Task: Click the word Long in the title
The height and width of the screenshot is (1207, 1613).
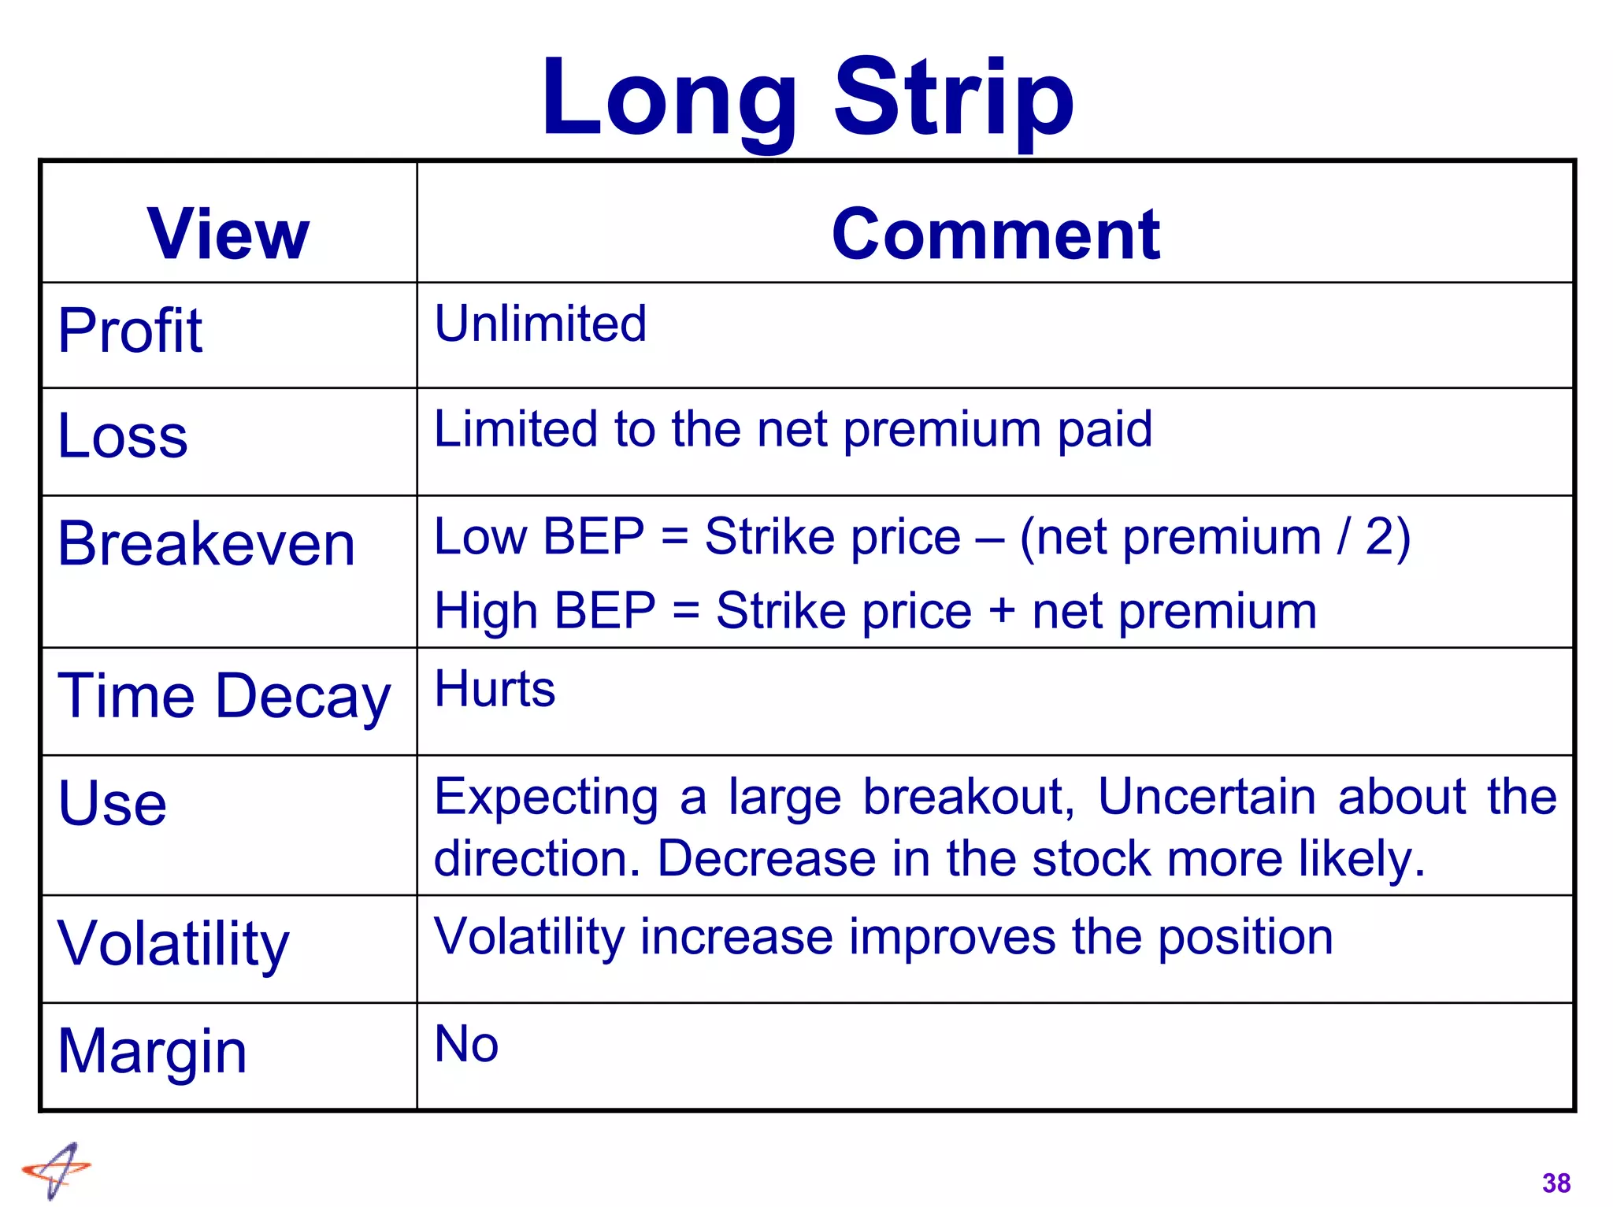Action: point(669,98)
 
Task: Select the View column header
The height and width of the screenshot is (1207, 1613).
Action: point(228,234)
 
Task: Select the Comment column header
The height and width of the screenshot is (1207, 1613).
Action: point(996,234)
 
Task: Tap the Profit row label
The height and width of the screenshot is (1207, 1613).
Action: point(131,331)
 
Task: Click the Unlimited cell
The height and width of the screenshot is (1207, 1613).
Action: point(540,324)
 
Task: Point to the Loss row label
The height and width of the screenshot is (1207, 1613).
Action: point(123,436)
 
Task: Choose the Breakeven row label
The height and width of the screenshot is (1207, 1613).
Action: point(206,544)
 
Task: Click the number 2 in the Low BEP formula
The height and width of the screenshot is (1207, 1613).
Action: point(1379,537)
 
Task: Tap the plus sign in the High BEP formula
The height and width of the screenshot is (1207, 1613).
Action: point(1002,610)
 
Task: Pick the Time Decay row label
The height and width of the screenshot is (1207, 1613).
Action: point(224,697)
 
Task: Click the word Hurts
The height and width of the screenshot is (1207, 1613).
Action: point(495,689)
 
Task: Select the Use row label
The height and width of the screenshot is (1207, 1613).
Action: point(113,804)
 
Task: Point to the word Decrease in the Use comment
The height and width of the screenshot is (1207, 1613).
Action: point(766,858)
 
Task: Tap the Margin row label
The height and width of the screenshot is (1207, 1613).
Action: point(153,1052)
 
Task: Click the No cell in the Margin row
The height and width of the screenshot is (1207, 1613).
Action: point(466,1045)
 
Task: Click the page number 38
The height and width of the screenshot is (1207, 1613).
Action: point(1556,1183)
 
